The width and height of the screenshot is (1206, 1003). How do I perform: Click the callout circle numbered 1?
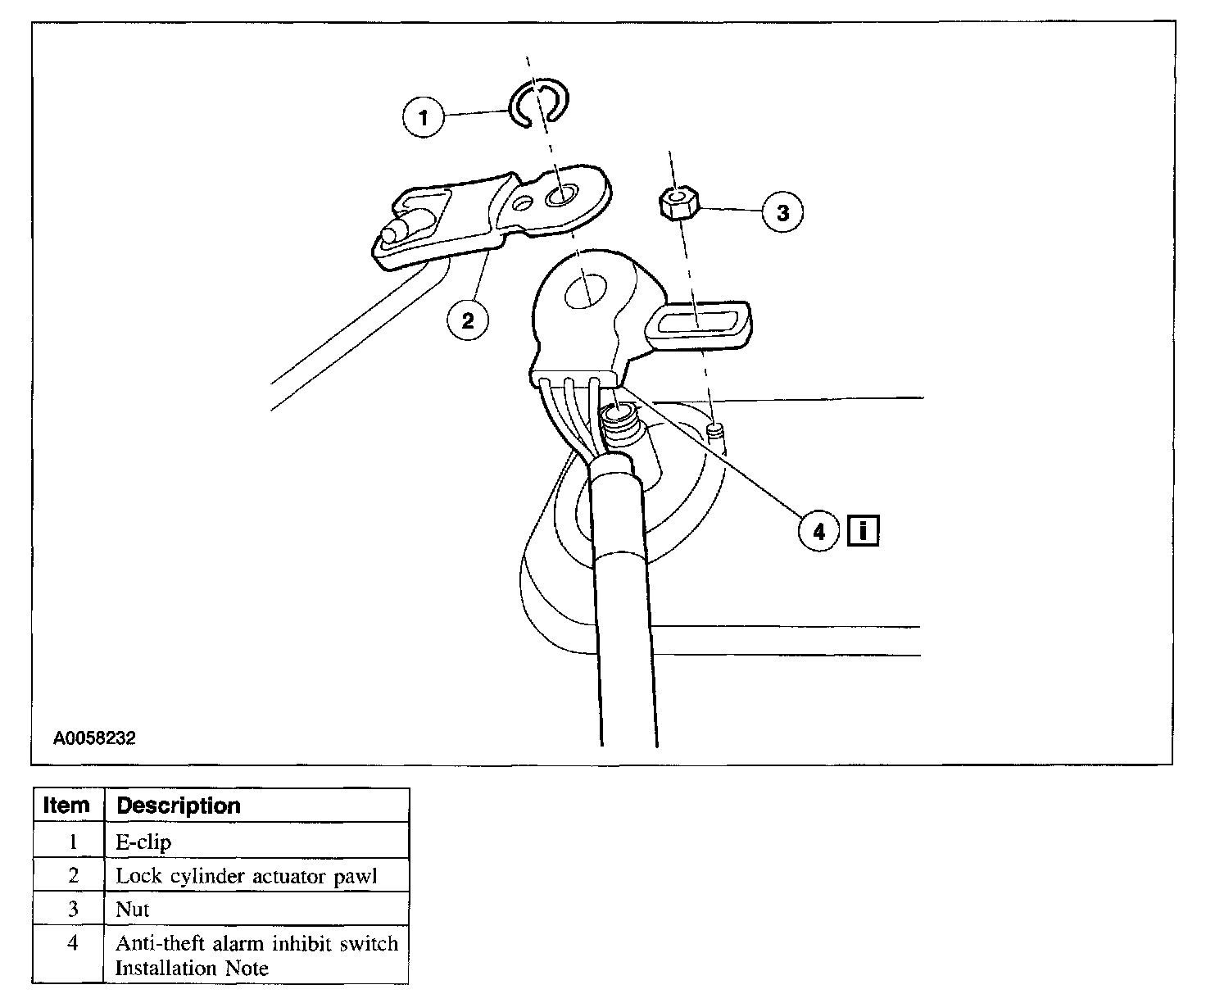(424, 118)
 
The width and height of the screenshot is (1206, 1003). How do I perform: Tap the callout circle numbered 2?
(468, 320)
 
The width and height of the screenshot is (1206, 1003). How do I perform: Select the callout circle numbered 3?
(782, 213)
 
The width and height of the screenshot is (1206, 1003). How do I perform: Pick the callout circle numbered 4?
(819, 533)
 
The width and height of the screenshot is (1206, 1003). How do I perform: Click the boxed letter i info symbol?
(864, 532)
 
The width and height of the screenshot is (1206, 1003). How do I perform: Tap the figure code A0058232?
(94, 738)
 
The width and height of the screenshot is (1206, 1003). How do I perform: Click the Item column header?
(66, 806)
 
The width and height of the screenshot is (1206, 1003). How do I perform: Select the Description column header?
(179, 806)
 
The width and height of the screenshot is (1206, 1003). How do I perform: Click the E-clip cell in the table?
(144, 842)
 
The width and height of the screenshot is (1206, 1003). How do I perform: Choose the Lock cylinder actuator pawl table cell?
(246, 876)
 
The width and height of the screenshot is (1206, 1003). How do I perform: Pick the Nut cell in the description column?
(133, 910)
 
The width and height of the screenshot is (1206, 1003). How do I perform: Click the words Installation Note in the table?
(192, 969)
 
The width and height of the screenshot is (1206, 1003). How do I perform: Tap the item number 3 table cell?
(73, 910)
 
